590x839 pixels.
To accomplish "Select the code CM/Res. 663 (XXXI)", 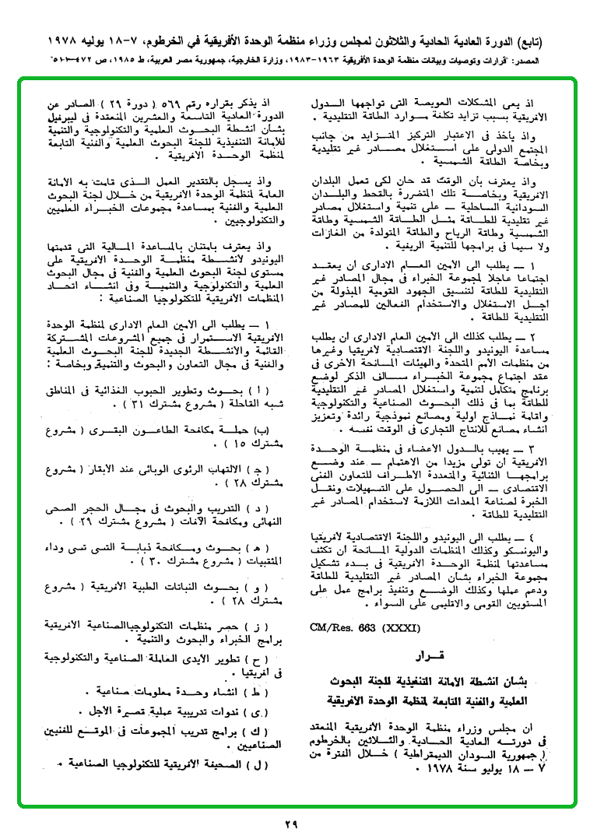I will click(352, 627).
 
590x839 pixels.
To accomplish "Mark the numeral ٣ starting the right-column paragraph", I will click(537, 450).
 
